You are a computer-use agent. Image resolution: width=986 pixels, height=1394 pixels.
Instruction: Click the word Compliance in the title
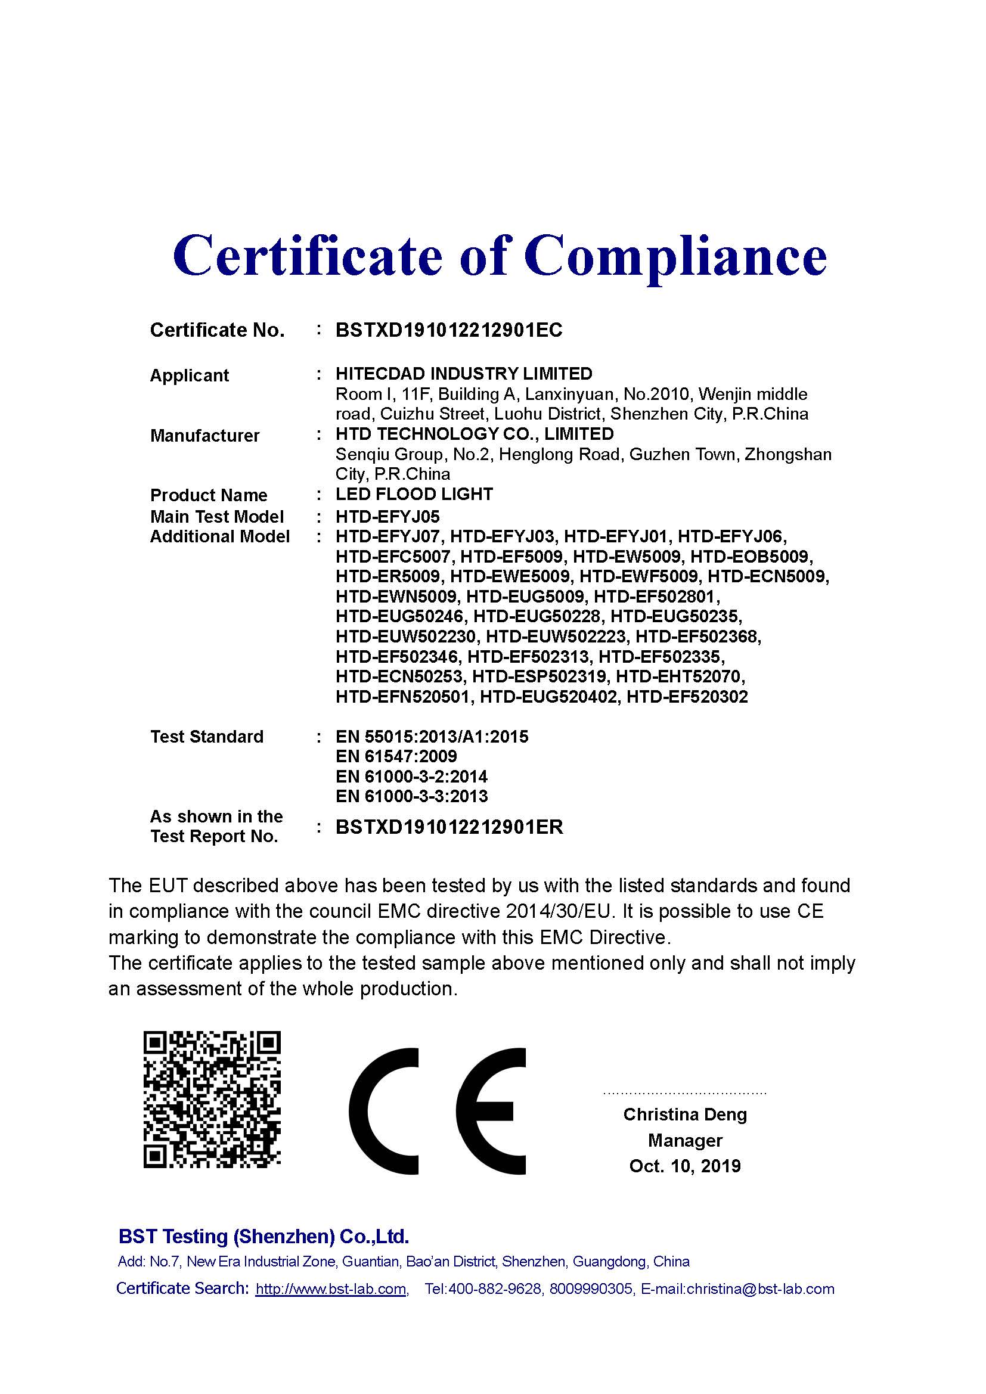[675, 257]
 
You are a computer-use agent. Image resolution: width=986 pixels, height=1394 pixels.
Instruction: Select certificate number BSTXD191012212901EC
[449, 330]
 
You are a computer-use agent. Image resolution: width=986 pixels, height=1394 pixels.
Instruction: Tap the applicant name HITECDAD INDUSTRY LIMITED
[464, 374]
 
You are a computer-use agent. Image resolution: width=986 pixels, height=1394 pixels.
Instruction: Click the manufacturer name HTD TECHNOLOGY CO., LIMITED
[474, 434]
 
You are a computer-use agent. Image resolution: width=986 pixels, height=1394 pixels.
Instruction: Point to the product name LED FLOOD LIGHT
[414, 494]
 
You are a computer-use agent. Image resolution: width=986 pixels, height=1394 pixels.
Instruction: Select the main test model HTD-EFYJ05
[387, 517]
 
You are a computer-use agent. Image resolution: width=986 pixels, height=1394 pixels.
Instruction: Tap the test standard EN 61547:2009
[396, 756]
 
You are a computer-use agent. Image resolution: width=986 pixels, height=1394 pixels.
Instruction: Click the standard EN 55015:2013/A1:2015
[432, 737]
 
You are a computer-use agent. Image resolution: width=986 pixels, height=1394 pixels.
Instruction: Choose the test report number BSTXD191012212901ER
[449, 827]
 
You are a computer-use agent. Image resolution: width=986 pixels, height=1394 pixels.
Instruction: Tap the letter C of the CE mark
[384, 1110]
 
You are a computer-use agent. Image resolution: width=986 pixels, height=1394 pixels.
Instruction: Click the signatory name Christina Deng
[685, 1114]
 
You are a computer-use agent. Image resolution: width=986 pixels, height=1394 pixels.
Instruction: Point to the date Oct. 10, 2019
[685, 1166]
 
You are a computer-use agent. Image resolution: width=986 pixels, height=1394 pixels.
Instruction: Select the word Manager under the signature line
[685, 1141]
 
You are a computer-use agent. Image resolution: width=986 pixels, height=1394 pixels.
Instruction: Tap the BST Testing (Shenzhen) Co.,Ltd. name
[263, 1237]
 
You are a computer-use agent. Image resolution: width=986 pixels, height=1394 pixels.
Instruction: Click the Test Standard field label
[206, 737]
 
